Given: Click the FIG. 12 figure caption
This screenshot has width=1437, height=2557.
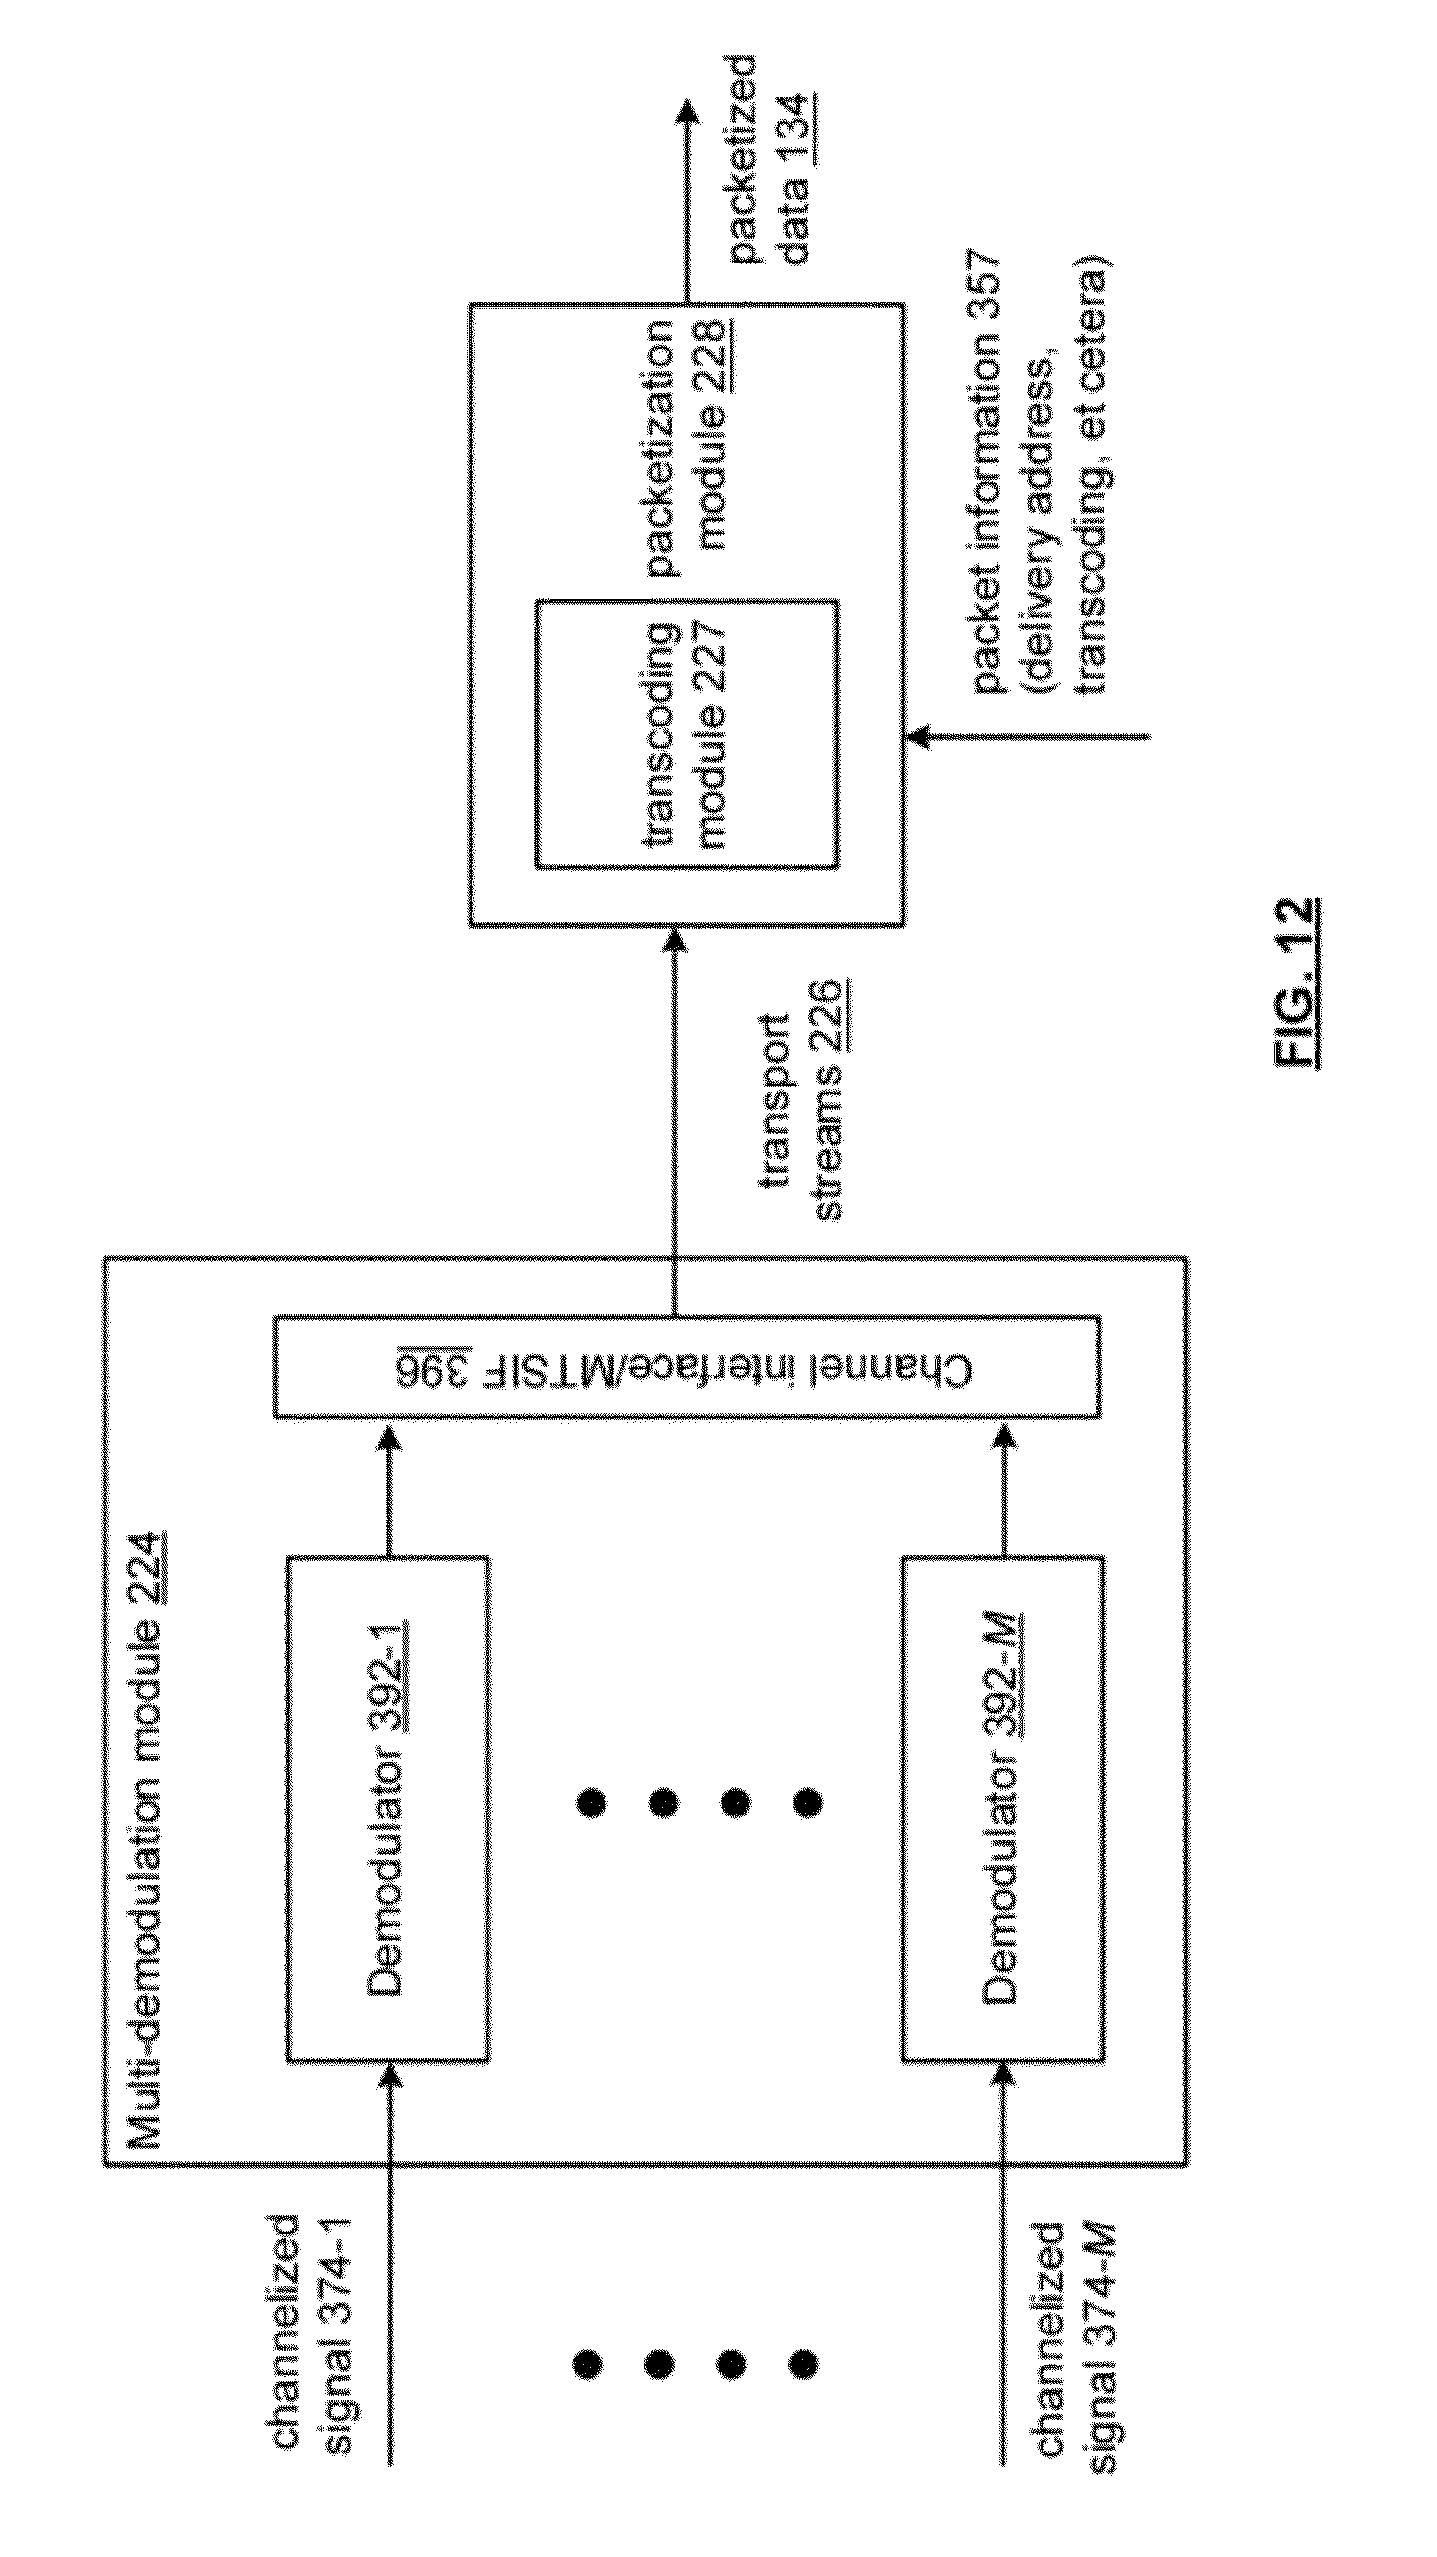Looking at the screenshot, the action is (x=1297, y=982).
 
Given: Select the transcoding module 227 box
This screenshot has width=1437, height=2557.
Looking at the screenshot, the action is (x=687, y=733).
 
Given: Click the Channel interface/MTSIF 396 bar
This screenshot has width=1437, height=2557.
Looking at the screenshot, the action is (x=687, y=1367).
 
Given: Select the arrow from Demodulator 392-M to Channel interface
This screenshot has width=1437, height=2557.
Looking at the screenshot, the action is (x=1004, y=1486).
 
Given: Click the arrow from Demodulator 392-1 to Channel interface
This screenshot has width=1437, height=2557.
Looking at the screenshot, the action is (x=389, y=1486).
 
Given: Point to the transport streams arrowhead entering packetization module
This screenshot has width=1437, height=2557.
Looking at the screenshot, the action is (x=675, y=940).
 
